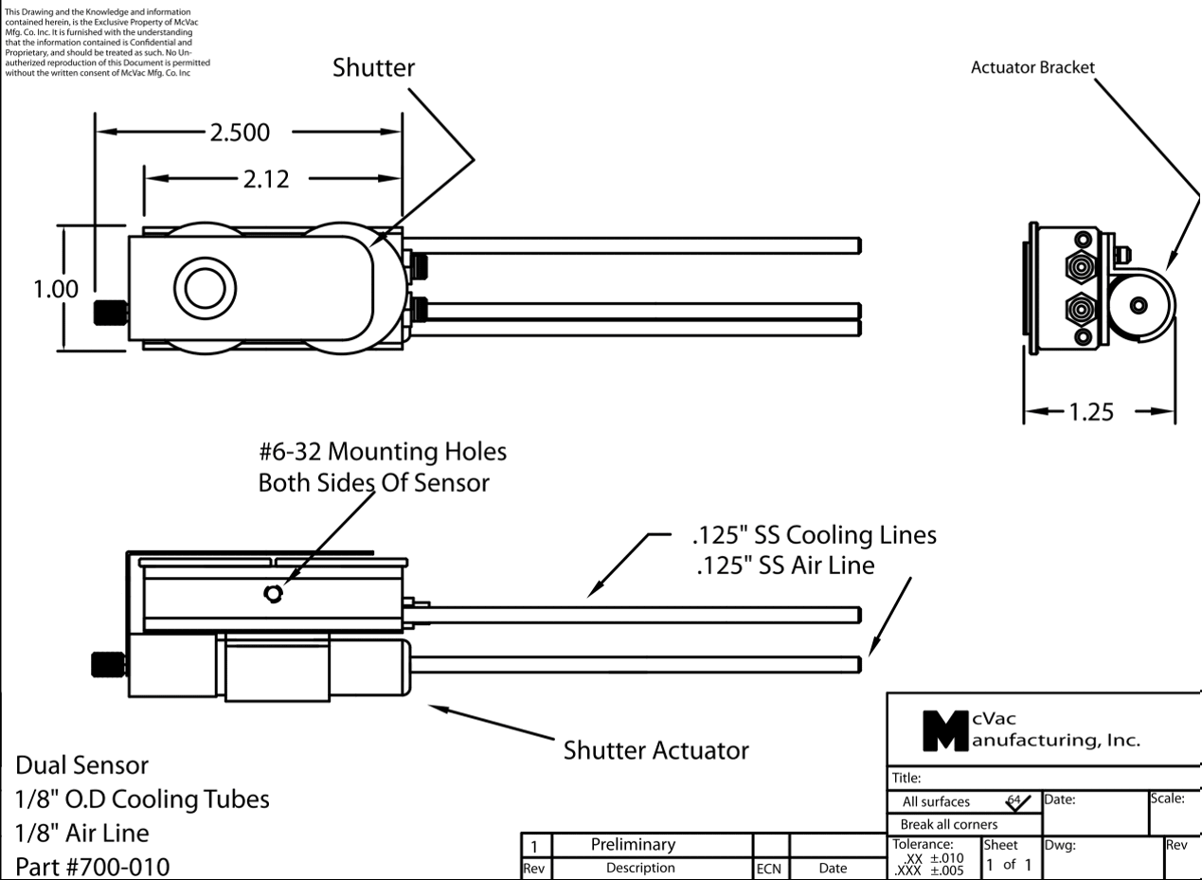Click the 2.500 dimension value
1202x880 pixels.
click(x=241, y=133)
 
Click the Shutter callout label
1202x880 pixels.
click(x=373, y=69)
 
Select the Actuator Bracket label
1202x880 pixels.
click(x=1032, y=68)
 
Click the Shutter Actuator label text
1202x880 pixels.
click(x=656, y=750)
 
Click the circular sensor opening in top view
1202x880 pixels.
click(x=206, y=287)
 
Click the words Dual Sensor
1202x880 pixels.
click(x=81, y=763)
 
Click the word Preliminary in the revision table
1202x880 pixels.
click(x=633, y=844)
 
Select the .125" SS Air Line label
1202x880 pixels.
click(x=783, y=566)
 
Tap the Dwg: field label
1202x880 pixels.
click(x=1060, y=844)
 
